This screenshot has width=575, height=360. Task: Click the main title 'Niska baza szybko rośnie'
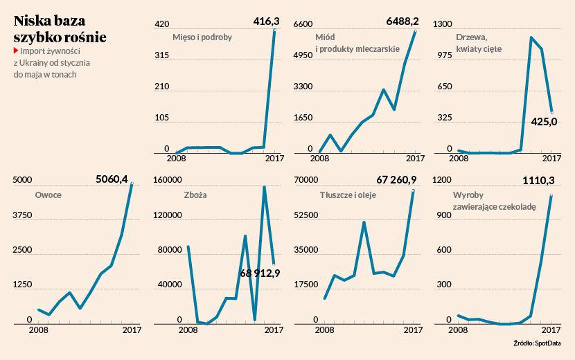pos(60,30)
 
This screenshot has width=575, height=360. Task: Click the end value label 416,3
pos(266,22)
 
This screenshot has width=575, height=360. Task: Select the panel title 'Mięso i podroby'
pos(202,37)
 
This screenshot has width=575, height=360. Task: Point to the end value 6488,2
pos(402,22)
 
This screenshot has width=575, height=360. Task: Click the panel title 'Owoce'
pos(48,195)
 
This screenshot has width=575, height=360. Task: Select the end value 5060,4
pos(112,179)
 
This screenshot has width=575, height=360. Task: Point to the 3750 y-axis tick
pos(23,215)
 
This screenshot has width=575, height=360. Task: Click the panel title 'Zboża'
pos(195,195)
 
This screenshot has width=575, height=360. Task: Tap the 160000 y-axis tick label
pos(166,180)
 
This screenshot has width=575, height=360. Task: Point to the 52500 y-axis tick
pos(305,215)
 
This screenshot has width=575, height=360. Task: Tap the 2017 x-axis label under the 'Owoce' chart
pos(131,330)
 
